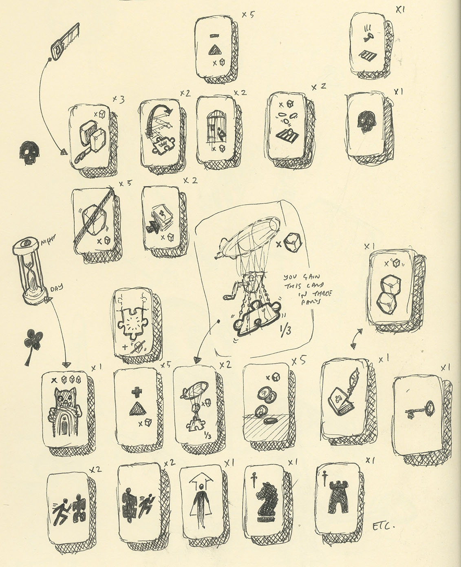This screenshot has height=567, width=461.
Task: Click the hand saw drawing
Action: coord(65,41)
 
